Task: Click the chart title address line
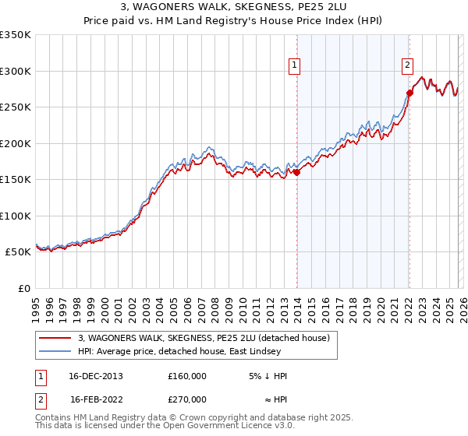point(234,7)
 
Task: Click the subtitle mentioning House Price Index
point(234,21)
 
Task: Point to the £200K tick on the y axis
point(16,143)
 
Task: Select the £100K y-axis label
point(16,216)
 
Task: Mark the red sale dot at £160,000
point(297,173)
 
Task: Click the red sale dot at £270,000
point(410,93)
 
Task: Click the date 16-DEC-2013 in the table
point(96,376)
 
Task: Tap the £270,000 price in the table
point(187,399)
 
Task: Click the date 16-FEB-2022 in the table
point(96,399)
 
